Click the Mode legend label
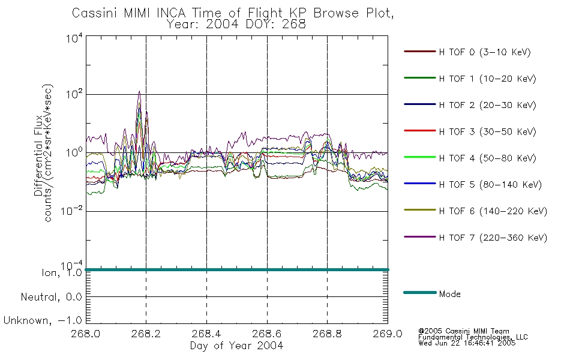click(x=450, y=294)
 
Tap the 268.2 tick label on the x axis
click(x=146, y=334)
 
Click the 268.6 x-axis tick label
click(x=267, y=334)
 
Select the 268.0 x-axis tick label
click(x=86, y=334)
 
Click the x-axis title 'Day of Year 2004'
click(x=236, y=346)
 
